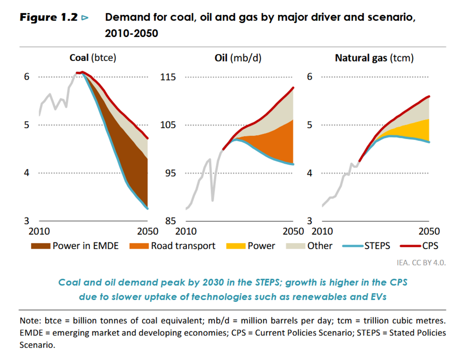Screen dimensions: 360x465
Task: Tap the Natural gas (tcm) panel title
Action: click(374, 58)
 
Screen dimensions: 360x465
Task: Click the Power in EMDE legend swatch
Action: click(40, 246)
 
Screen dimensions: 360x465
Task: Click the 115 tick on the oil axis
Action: click(168, 77)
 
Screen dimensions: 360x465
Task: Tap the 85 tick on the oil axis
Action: click(170, 221)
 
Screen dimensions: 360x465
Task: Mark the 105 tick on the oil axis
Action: click(168, 125)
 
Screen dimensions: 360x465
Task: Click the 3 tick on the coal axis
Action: click(27, 221)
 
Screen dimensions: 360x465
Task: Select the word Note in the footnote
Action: click(28, 321)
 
